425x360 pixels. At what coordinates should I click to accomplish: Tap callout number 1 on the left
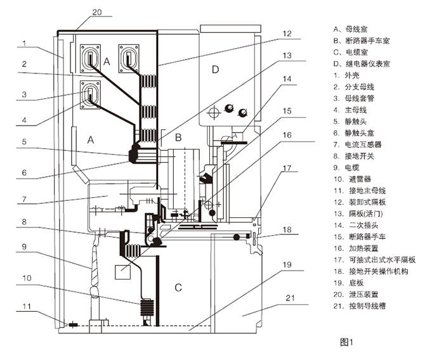point(23,44)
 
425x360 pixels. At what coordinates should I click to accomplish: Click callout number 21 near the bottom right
point(289,297)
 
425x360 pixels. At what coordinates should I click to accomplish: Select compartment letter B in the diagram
point(178,137)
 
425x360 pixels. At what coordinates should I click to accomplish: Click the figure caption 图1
point(346,342)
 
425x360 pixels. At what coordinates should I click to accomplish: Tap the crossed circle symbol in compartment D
point(213,111)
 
